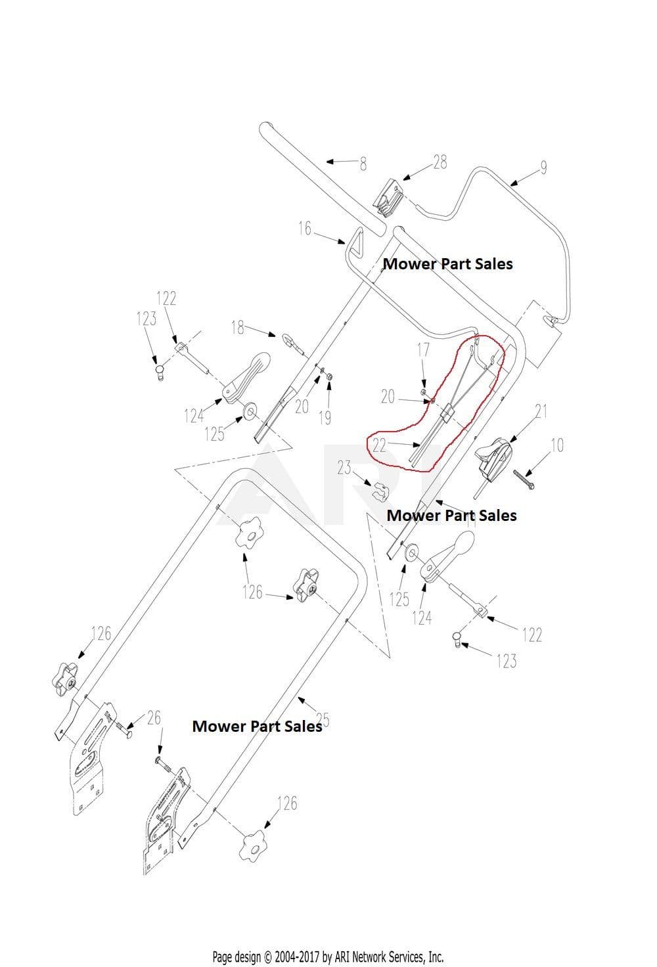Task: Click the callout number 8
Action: point(363,164)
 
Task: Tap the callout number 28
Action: point(440,162)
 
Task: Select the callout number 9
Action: point(543,167)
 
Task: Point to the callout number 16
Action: point(305,229)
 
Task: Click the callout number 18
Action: point(238,327)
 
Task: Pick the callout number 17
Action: point(423,349)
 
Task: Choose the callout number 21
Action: point(541,411)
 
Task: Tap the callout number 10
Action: point(557,445)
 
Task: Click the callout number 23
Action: point(344,468)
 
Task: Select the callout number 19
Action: point(325,417)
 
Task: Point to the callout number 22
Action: point(379,445)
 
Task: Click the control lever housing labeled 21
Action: point(493,459)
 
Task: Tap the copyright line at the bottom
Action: point(328,956)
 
